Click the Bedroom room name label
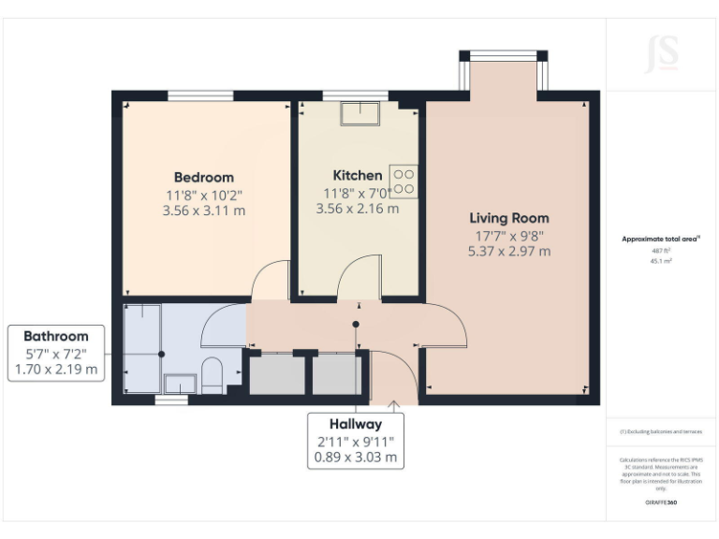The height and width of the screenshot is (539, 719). pos(204,177)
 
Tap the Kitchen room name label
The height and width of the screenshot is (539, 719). pos(358,175)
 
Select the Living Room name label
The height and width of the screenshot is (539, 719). pos(509,218)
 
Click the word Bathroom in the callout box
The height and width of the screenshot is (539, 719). pos(56,336)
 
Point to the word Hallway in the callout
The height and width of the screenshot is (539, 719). pos(355,424)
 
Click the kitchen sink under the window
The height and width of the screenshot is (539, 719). pos(359,112)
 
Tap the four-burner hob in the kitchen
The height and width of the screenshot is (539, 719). pos(404,182)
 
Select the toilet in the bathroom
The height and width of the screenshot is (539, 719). pos(213,374)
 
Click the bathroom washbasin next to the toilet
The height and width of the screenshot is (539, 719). pos(180,382)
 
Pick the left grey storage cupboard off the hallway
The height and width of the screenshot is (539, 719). pos(276,374)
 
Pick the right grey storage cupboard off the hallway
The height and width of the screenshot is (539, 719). pos(335,374)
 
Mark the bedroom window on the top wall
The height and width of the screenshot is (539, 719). pos(200,95)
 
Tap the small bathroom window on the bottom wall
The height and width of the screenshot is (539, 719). pos(170,401)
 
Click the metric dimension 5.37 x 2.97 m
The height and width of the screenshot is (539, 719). pos(509,251)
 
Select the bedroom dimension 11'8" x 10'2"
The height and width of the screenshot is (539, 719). pos(204,195)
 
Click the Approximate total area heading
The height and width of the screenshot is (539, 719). pos(661,240)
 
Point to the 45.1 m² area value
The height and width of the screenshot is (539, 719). pos(661,262)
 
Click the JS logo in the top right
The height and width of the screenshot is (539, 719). pos(662,53)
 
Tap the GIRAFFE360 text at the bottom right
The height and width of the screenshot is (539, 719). pos(661,503)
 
